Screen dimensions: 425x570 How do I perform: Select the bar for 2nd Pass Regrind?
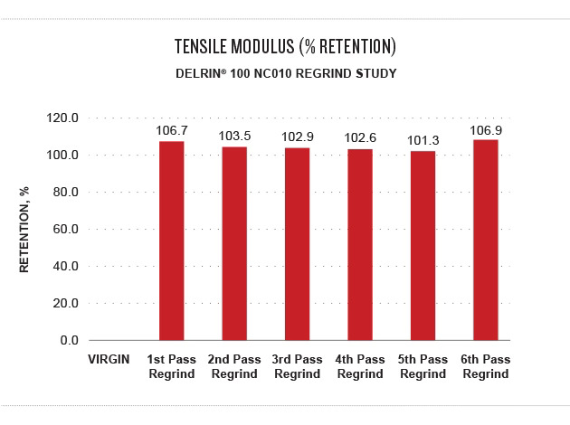click(234, 243)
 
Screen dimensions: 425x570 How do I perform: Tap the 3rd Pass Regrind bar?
click(298, 244)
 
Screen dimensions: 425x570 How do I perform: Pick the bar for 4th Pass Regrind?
click(360, 244)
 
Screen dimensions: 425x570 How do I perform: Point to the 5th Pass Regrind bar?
click(423, 246)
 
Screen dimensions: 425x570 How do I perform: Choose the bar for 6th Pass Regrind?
click(486, 240)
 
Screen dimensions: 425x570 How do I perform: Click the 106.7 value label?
click(171, 131)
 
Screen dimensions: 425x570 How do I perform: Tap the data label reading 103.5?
click(234, 137)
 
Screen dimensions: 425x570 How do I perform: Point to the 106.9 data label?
click(486, 130)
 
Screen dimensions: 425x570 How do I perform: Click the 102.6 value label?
click(360, 138)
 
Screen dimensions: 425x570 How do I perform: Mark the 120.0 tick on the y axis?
click(63, 118)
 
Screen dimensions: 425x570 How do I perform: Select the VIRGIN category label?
click(109, 360)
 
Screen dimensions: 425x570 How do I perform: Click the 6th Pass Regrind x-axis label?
click(486, 366)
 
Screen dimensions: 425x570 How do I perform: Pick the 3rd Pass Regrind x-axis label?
click(298, 366)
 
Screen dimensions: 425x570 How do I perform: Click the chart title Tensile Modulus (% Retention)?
click(285, 45)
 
